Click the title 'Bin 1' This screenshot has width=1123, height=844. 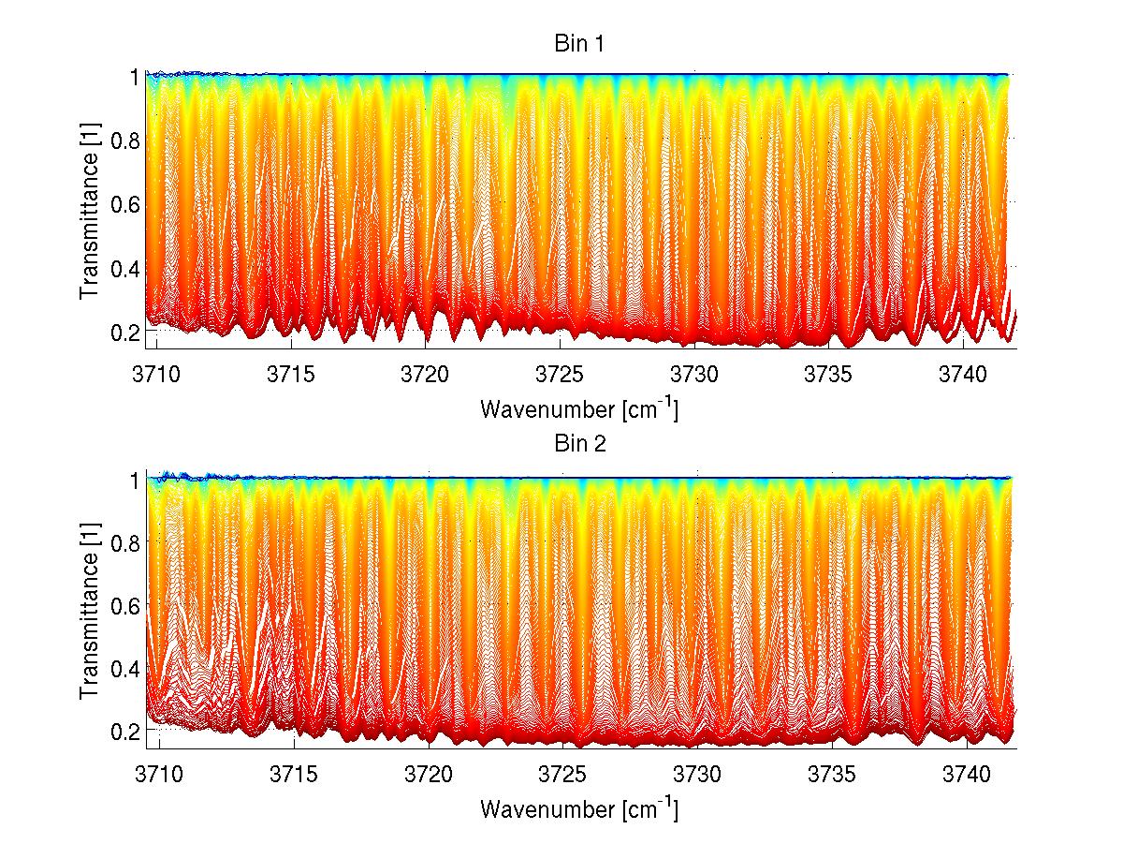[x=581, y=43]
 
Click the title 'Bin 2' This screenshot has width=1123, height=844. [x=581, y=443]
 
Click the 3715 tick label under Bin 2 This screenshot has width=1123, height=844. [x=295, y=775]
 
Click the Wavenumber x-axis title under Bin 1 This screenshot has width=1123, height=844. [x=579, y=409]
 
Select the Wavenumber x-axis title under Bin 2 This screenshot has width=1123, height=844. [x=579, y=808]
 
